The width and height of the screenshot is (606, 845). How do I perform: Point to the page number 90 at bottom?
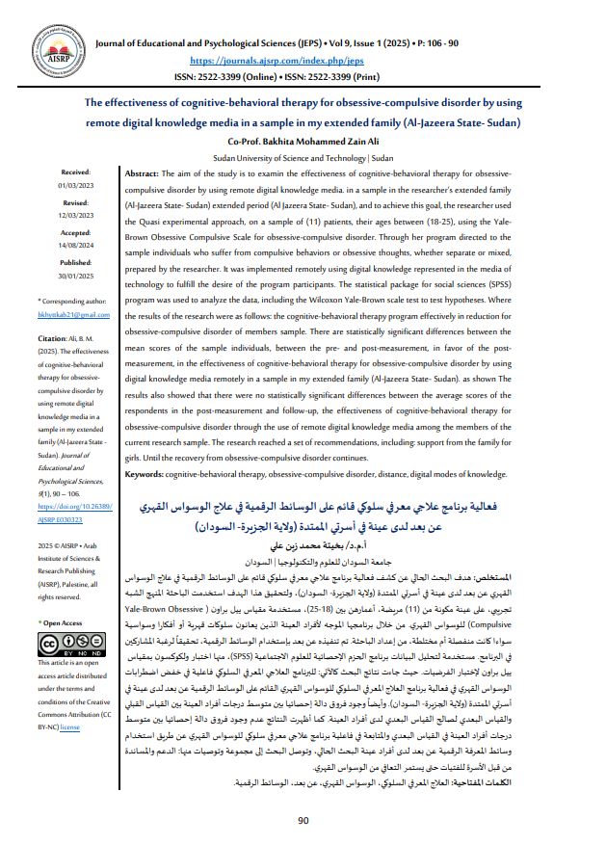click(303, 819)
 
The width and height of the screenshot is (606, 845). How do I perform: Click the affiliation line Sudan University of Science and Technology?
click(302, 155)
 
